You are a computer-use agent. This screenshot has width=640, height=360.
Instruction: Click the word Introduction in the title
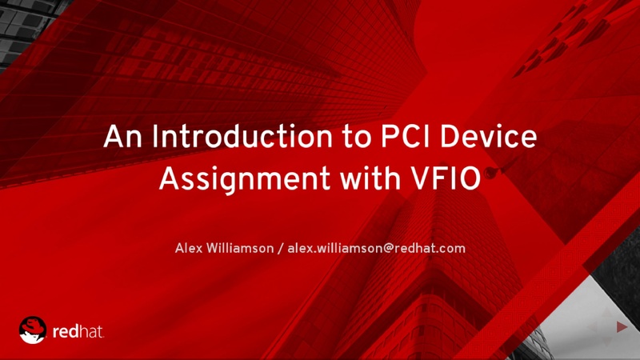pos(242,136)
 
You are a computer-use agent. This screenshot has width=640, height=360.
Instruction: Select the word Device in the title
pos(488,136)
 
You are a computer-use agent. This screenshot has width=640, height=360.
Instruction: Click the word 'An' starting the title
pos(123,136)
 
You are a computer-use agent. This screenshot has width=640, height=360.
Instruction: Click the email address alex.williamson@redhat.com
pos(376,248)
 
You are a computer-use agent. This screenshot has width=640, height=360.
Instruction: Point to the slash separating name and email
pos(281,248)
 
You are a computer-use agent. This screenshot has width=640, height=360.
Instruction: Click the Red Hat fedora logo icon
pos(33,330)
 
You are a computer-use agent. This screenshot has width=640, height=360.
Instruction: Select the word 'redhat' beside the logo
pos(78,331)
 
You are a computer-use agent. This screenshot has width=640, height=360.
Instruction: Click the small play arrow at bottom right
pos(622,326)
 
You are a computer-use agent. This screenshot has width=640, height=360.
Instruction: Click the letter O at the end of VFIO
pos(470,178)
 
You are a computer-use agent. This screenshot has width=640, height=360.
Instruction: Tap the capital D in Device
pos(450,136)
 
